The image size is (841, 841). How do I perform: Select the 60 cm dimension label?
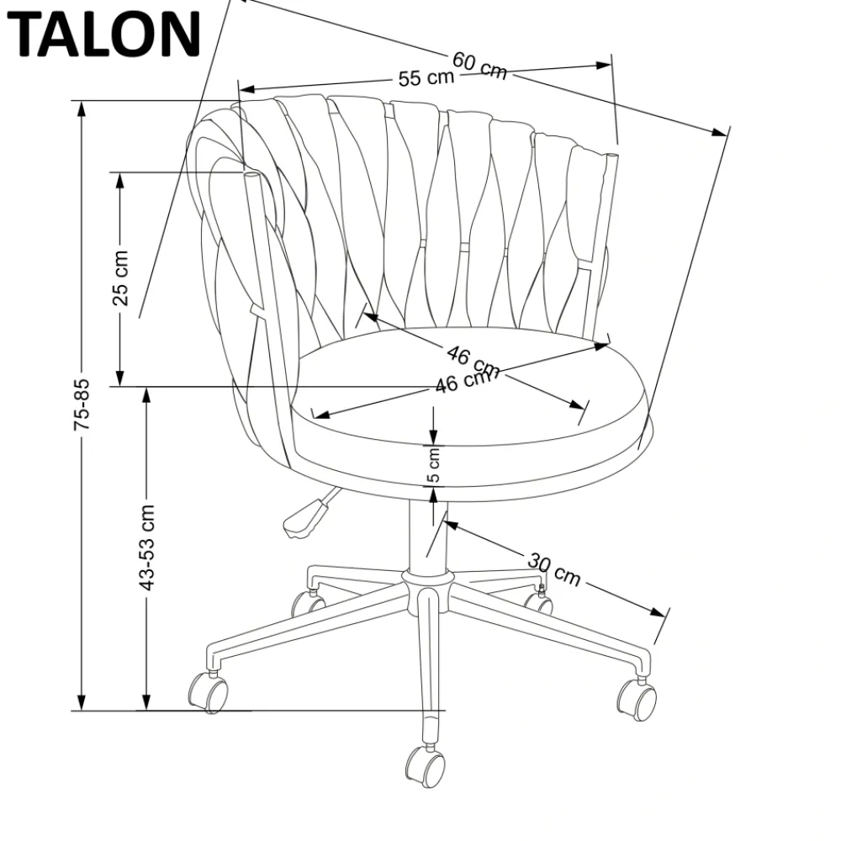480,65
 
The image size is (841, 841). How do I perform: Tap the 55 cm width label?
426,78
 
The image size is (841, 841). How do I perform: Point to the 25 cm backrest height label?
121,277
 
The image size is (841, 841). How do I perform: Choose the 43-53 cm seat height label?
147,547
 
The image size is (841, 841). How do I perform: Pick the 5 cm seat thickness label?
434,465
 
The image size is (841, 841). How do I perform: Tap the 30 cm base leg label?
554,569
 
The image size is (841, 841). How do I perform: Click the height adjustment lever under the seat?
304,516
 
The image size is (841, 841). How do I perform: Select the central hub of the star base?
428,579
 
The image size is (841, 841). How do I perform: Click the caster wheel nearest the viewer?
426,765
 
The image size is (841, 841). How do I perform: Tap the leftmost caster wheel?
207,692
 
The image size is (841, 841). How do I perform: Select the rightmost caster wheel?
637,699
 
